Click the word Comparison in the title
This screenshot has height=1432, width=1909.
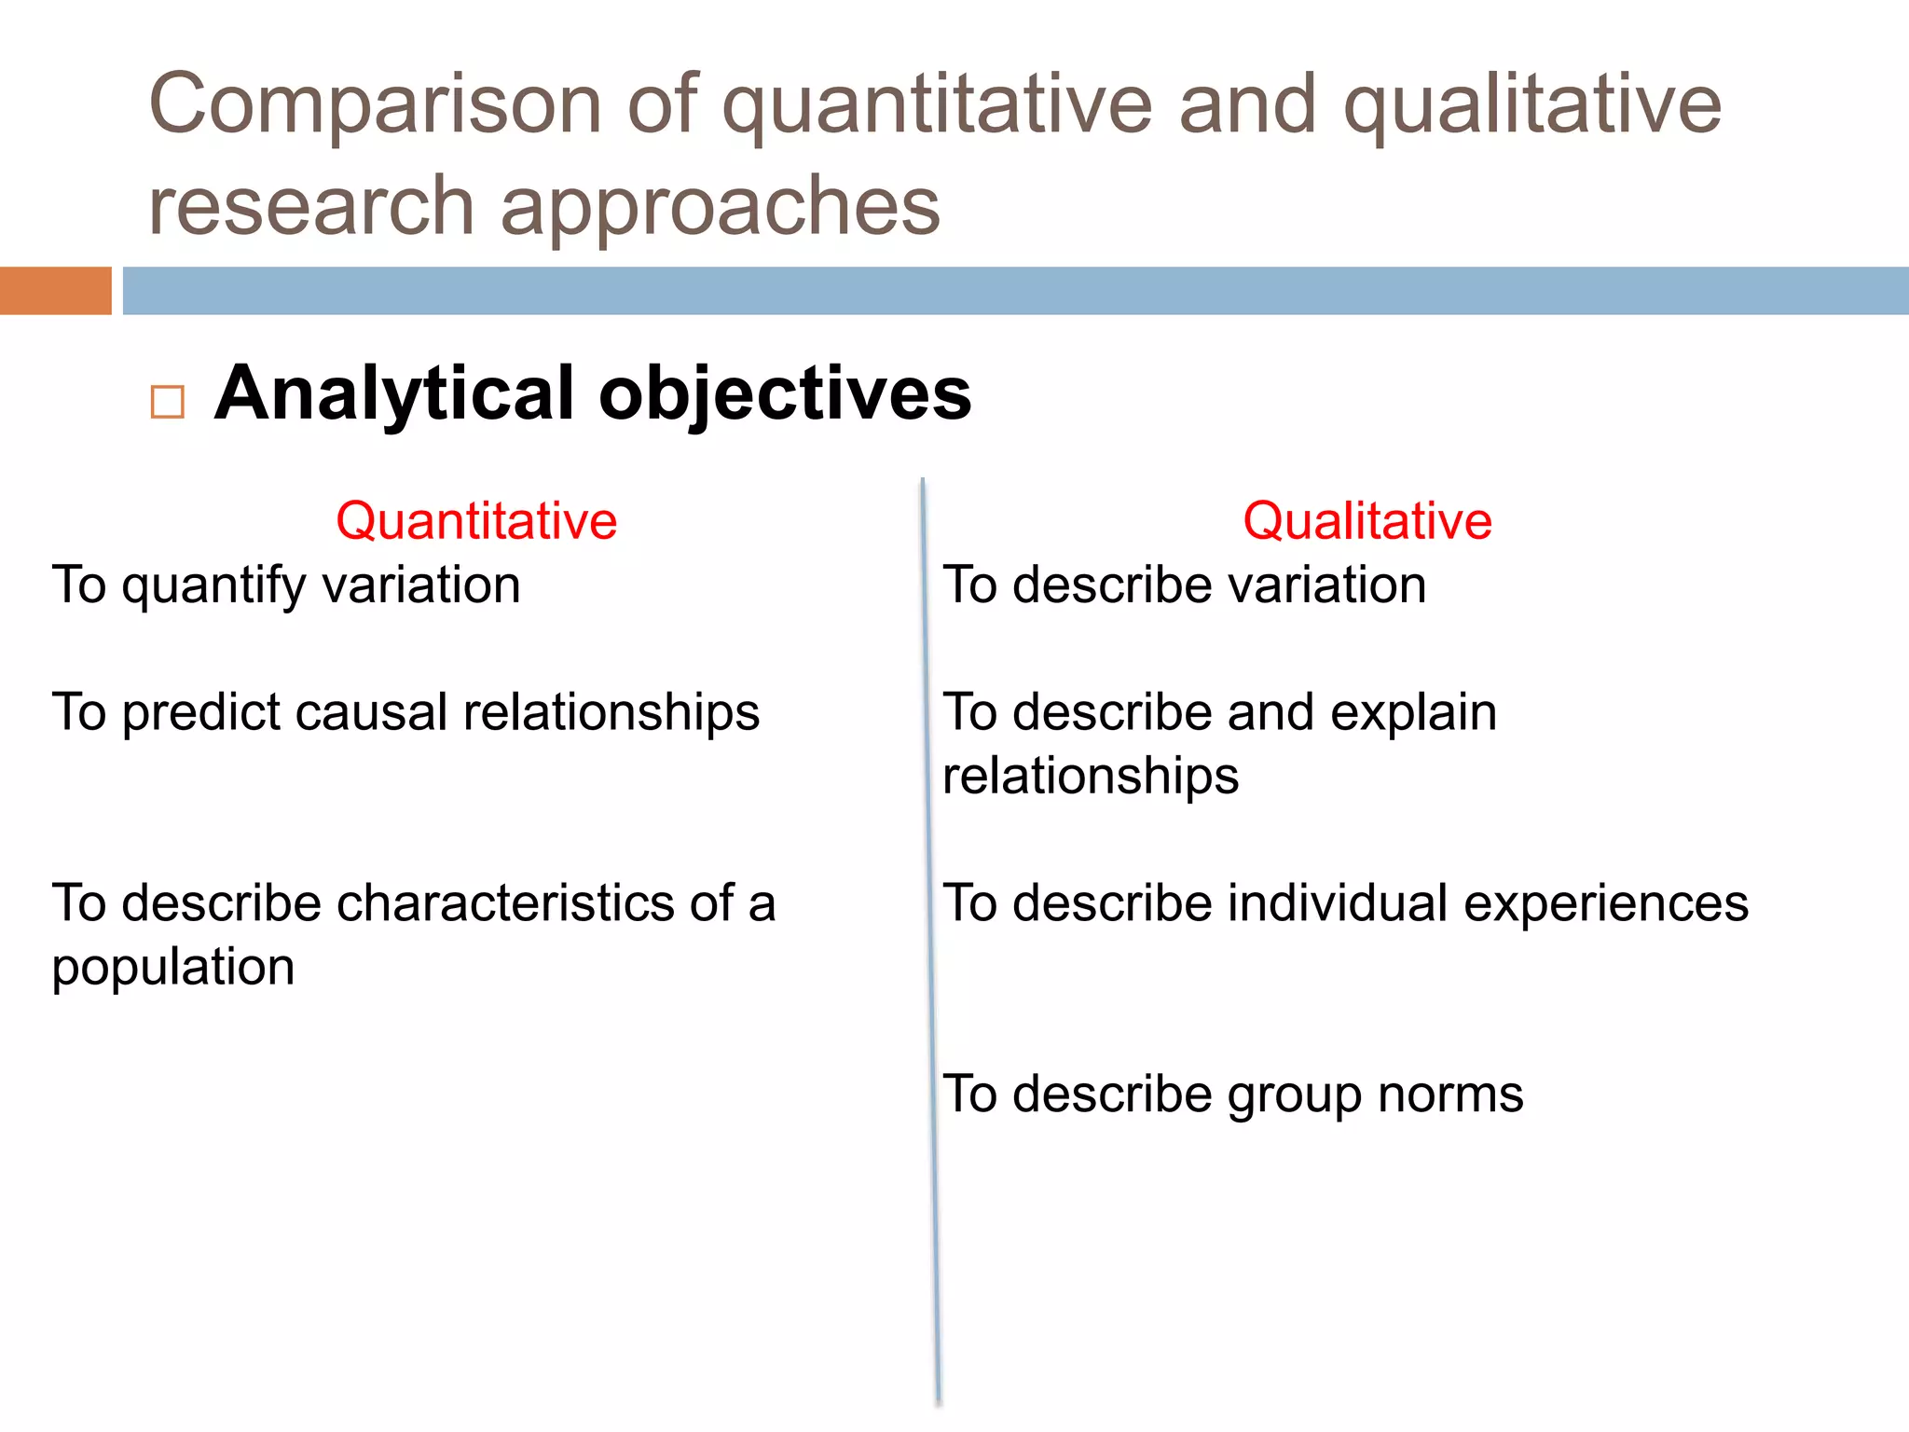click(x=375, y=104)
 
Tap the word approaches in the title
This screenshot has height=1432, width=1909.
click(x=721, y=207)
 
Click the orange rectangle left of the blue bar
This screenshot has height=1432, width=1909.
click(x=55, y=291)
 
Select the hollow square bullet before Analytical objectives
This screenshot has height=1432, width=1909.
click(x=168, y=402)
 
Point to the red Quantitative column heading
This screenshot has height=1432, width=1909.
click(x=476, y=520)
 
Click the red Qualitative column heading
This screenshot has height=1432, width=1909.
click(x=1367, y=520)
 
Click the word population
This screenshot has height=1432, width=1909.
click(x=173, y=968)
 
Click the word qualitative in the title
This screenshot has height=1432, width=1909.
click(x=1531, y=104)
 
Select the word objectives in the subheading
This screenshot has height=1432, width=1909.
click(x=785, y=393)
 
